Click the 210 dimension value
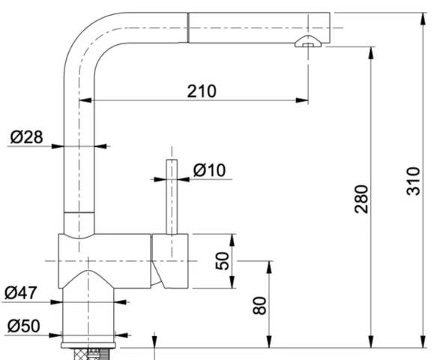tap(201, 91)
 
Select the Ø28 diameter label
tap(27, 136)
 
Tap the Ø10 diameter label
tap(209, 170)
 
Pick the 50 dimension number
tap(223, 260)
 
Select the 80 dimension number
tap(260, 305)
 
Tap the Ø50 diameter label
tap(24, 326)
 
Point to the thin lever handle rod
tap(172, 195)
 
